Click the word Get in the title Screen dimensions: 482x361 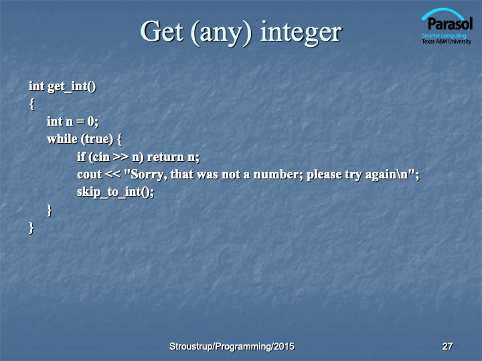162,31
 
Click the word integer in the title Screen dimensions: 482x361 301,33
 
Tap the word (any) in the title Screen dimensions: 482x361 222,33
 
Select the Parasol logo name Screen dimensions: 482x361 450,23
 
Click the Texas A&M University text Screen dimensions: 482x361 447,41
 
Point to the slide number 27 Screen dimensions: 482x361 447,346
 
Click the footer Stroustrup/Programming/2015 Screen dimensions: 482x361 232,346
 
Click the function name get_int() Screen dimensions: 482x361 72,86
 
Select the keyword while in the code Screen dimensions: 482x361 62,139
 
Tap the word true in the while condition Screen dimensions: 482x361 97,139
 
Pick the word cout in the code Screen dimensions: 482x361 89,174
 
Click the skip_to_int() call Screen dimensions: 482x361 115,192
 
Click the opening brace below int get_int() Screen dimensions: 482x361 31,104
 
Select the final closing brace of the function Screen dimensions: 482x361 31,228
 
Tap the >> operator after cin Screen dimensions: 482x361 120,157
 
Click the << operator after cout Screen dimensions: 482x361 112,174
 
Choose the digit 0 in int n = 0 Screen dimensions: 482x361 90,122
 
